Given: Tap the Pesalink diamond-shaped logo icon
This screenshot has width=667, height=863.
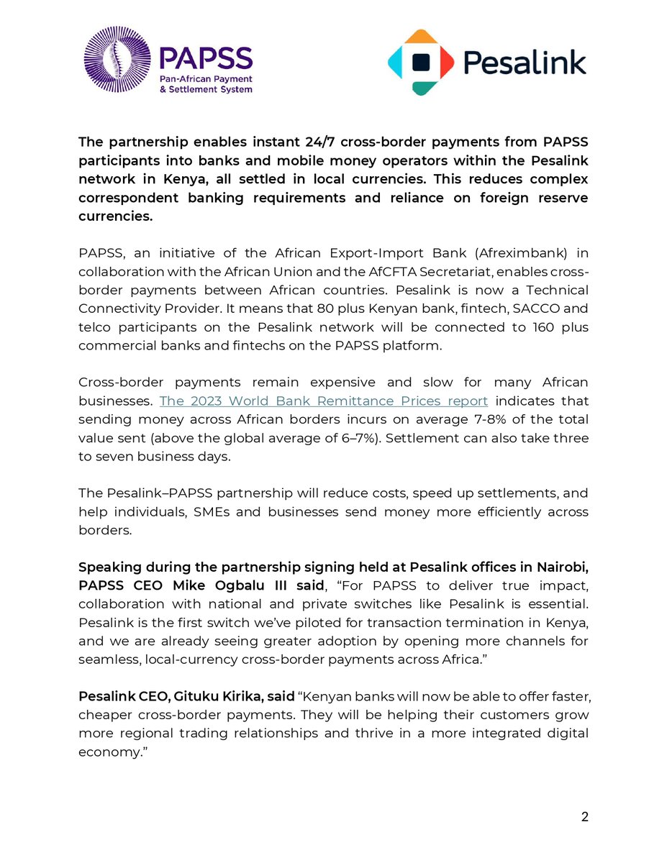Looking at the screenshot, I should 421,63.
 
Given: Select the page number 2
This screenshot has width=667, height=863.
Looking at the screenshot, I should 584,817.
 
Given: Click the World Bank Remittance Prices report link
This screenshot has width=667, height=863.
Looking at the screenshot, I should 324,401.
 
